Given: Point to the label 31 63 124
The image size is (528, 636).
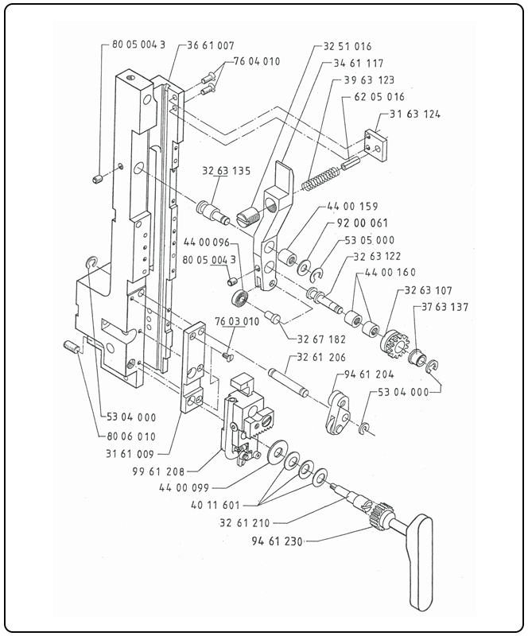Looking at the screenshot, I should pos(415,114).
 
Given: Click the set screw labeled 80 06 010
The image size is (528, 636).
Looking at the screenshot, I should pos(71,347).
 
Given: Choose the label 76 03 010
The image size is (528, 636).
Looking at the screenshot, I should pos(236,323).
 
